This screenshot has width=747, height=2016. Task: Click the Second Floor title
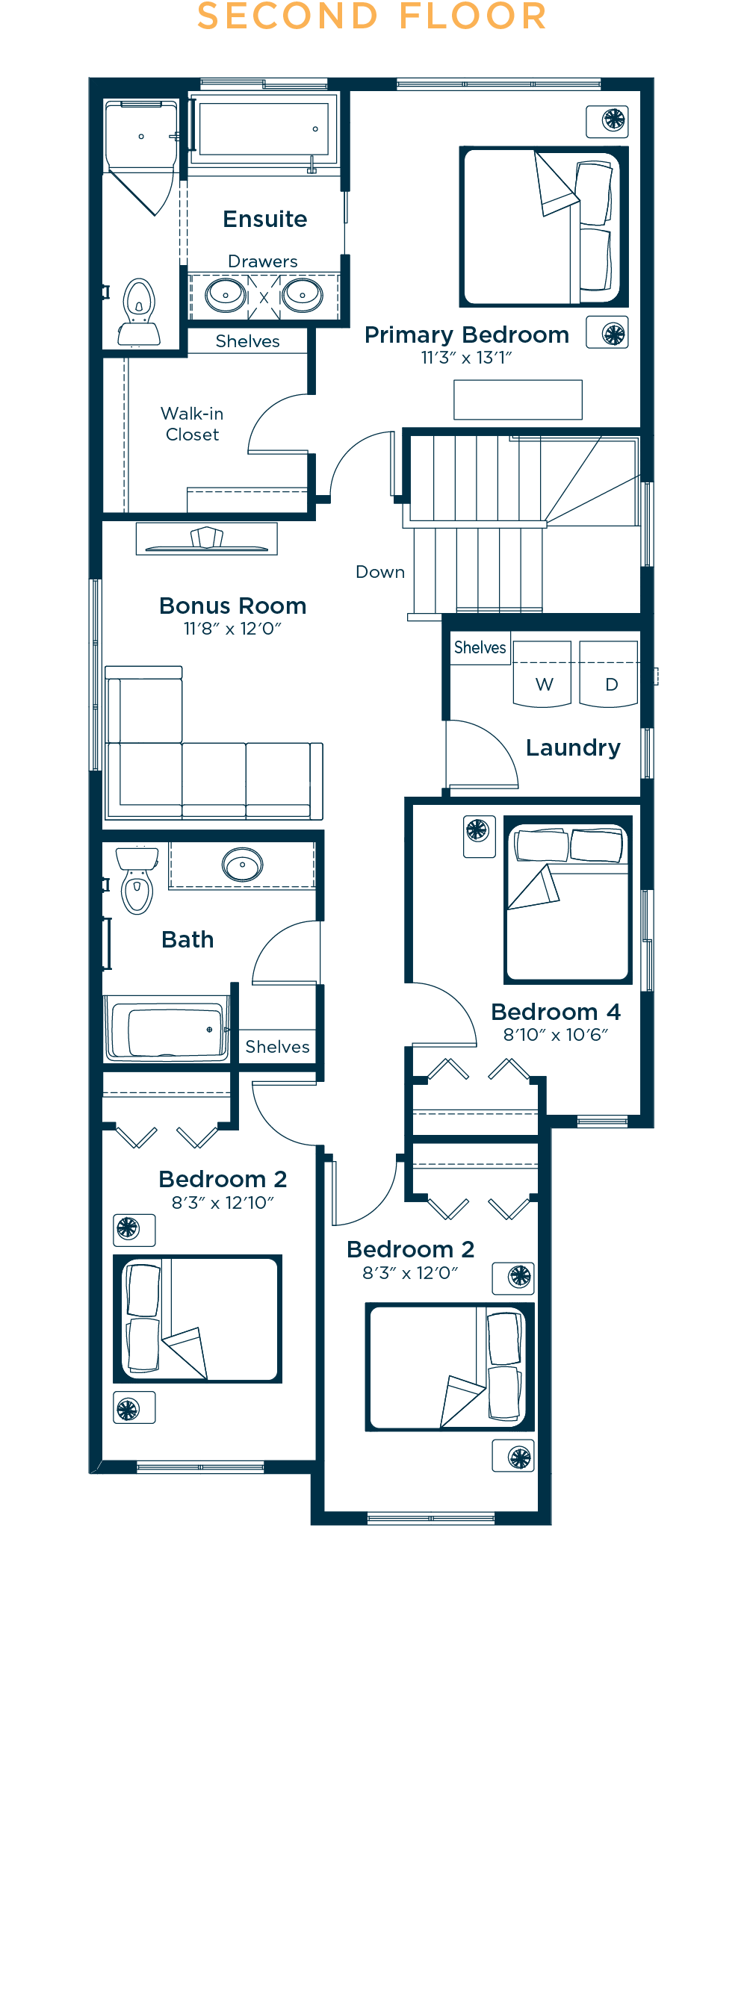pos(372,16)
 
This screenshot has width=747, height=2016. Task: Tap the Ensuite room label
pos(264,218)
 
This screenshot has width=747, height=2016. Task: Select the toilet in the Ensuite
pos(139,311)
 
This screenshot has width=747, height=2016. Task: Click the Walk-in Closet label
pos(192,423)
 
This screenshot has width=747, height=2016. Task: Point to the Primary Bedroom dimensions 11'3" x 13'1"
pos(467,358)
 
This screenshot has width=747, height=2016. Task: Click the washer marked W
pos(542,673)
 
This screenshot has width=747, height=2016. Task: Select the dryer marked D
pos(610,673)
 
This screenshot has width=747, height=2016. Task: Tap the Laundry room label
pos(573,747)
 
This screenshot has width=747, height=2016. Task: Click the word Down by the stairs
pos(379,571)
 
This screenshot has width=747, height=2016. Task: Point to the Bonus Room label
pos(232,605)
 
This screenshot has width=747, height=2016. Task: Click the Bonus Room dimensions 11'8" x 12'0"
pos(232,629)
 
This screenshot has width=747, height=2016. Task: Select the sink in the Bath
pos(242,864)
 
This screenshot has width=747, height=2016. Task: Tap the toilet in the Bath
pos(137,880)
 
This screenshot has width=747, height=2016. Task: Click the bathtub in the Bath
pos(167,1028)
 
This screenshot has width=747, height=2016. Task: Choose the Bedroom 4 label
pos(556,1011)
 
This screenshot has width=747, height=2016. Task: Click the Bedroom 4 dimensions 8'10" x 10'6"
pos(556,1035)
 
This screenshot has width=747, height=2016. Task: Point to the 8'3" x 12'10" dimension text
pos(223,1202)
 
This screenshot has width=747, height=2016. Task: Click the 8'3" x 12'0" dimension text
pos(410,1272)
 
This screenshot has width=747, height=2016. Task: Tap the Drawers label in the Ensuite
pos(262,261)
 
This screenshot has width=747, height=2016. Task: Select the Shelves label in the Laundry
pos(480,647)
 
